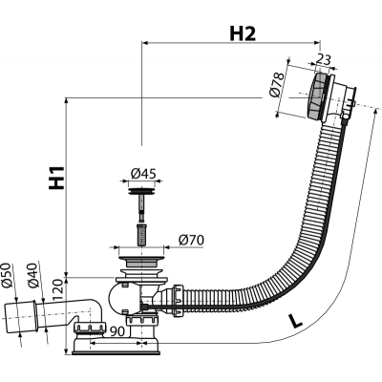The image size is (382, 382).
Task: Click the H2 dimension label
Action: pyautogui.click(x=243, y=33)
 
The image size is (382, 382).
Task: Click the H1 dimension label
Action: pyautogui.click(x=56, y=178)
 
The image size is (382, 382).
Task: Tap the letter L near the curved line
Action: pyautogui.click(x=294, y=320)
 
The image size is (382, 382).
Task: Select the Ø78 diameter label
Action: pyautogui.click(x=276, y=85)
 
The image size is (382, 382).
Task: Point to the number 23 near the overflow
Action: pyautogui.click(x=324, y=59)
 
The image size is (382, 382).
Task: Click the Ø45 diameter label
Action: pyautogui.click(x=143, y=174)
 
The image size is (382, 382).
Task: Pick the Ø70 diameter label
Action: pyautogui.click(x=191, y=240)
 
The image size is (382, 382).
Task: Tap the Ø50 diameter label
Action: pyautogui.click(x=7, y=276)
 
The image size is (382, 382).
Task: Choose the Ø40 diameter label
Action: pyautogui.click(x=33, y=276)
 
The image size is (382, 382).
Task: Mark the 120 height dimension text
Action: pyautogui.click(x=57, y=290)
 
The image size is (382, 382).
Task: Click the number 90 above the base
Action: pyautogui.click(x=117, y=331)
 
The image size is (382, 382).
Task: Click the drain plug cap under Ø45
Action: pyautogui.click(x=141, y=192)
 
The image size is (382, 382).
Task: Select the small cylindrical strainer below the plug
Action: pyautogui.click(x=141, y=235)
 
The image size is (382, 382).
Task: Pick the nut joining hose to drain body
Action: pyautogui.click(x=178, y=301)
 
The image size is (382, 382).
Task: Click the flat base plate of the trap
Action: pyautogui.click(x=117, y=352)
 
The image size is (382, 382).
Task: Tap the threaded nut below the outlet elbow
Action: pyautogui.click(x=90, y=328)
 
